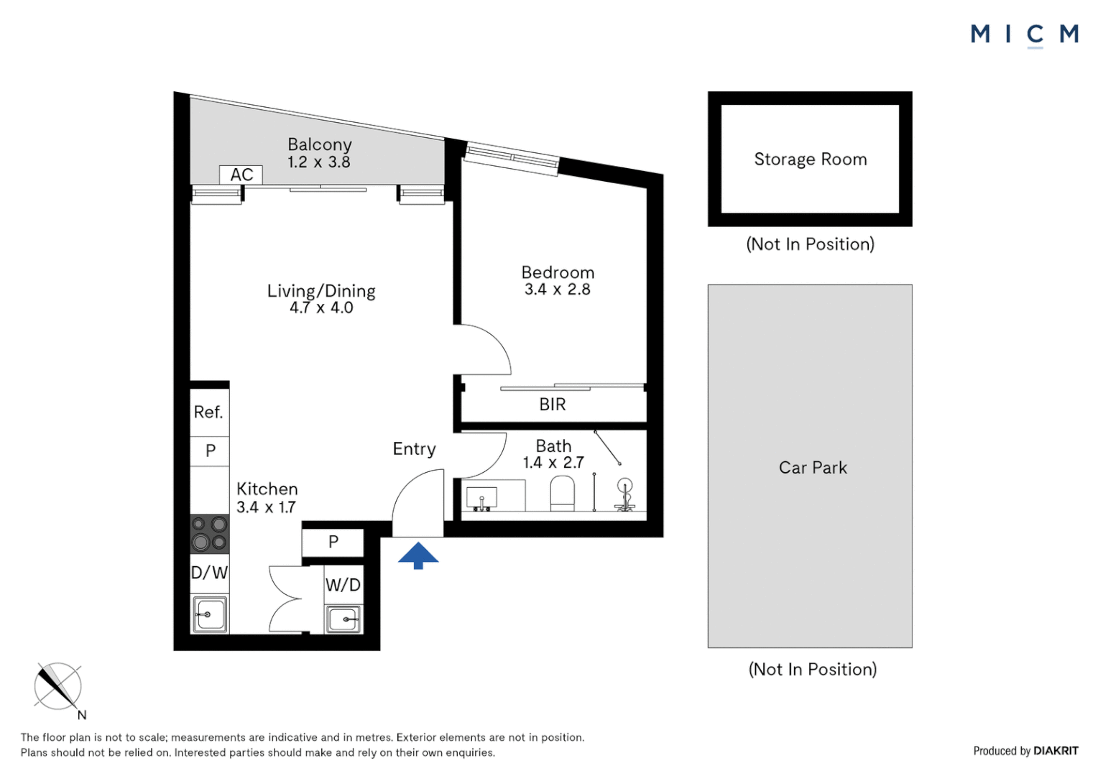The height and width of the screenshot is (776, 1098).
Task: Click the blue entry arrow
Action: (x=418, y=555)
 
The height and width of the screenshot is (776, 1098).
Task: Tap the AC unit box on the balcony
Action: (x=241, y=175)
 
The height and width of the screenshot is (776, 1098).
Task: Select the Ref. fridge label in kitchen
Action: (x=208, y=412)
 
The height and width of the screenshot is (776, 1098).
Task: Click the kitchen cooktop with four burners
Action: (x=209, y=534)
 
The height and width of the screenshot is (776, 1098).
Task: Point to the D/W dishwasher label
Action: (x=209, y=573)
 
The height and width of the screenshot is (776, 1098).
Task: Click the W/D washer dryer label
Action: (x=343, y=585)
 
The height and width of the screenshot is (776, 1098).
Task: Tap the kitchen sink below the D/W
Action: (x=210, y=614)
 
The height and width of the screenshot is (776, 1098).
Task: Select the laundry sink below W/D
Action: (x=343, y=619)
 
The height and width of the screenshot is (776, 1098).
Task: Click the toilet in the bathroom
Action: (x=562, y=494)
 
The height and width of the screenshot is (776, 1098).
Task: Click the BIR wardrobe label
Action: (x=553, y=405)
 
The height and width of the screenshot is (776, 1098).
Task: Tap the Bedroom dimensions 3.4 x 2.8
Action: (x=557, y=290)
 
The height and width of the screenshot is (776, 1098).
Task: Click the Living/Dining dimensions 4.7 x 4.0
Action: (x=321, y=308)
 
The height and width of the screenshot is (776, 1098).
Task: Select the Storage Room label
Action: (x=810, y=160)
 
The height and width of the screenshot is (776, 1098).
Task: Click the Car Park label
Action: (x=813, y=468)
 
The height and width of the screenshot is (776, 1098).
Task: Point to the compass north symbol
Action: (x=58, y=686)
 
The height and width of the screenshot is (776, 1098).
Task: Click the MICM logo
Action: (x=1024, y=34)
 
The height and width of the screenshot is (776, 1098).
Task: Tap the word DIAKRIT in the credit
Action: (x=1056, y=751)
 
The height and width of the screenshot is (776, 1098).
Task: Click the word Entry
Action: (x=414, y=449)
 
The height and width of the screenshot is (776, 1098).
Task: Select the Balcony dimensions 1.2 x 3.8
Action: (x=319, y=162)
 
